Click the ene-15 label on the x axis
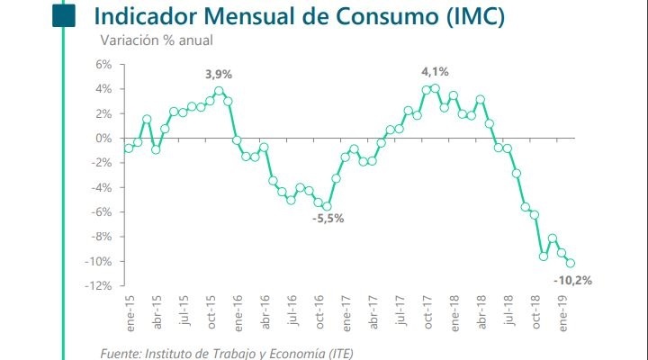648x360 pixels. pyautogui.click(x=129, y=310)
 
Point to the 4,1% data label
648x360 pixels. pyautogui.click(x=435, y=71)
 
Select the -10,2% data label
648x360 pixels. pyautogui.click(x=574, y=280)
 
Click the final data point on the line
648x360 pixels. pyautogui.click(x=571, y=264)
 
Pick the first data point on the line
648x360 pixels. pyautogui.click(x=129, y=148)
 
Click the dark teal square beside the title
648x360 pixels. pyautogui.click(x=63, y=16)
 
